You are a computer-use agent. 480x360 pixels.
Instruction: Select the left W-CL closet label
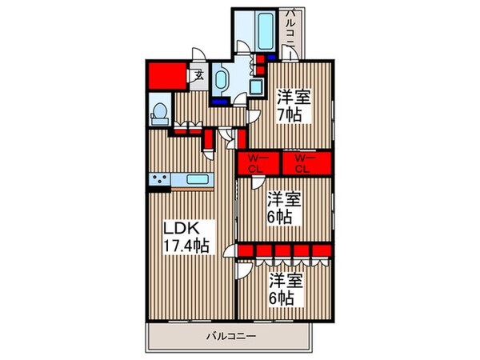[257, 162]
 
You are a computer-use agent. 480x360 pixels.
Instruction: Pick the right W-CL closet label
[302, 162]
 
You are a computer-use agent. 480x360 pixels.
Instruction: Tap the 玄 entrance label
[197, 77]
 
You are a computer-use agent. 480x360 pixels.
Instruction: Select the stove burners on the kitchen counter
[159, 179]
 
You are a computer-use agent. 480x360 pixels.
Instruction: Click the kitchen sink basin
[197, 179]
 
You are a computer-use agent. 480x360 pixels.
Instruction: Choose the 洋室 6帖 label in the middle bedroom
[279, 206]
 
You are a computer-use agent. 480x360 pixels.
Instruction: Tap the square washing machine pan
[258, 87]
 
